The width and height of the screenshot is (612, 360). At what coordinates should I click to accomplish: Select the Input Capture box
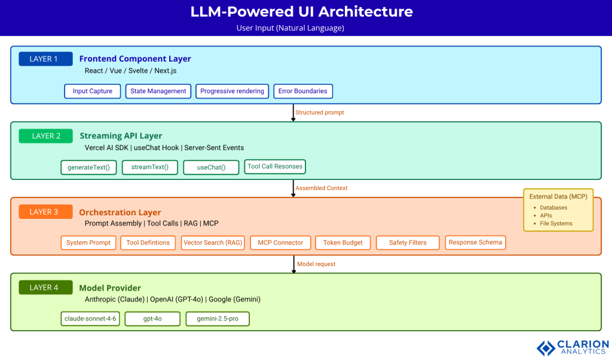point(93,91)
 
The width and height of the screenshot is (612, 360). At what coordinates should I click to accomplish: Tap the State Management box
point(158,91)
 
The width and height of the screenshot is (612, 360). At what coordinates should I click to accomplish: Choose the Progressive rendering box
point(232,91)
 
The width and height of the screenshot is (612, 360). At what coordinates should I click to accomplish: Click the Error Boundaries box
point(303,91)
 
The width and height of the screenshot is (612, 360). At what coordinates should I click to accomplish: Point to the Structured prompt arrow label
point(320,112)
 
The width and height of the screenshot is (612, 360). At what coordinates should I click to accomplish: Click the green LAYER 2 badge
point(45,136)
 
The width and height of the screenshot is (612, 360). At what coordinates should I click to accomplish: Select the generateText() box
point(88,167)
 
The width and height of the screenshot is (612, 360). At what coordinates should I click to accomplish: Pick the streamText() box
point(150,167)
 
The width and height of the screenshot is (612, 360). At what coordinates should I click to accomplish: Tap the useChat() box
point(211,167)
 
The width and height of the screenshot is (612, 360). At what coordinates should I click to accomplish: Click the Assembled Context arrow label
point(322,188)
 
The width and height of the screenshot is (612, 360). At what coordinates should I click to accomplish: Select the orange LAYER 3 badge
point(45,212)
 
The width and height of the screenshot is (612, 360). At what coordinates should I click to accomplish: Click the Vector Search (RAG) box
point(212,242)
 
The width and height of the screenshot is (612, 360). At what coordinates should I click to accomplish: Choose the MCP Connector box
point(280,242)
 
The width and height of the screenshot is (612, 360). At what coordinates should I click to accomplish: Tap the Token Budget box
point(343,242)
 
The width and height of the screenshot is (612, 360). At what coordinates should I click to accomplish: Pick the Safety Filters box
point(408,242)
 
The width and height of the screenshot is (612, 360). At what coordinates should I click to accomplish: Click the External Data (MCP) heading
point(558,197)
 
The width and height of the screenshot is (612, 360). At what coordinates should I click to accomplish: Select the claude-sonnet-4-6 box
point(90,319)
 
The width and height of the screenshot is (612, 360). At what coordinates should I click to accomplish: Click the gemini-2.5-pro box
point(218,319)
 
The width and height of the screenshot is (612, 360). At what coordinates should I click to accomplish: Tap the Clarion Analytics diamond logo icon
point(545,348)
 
